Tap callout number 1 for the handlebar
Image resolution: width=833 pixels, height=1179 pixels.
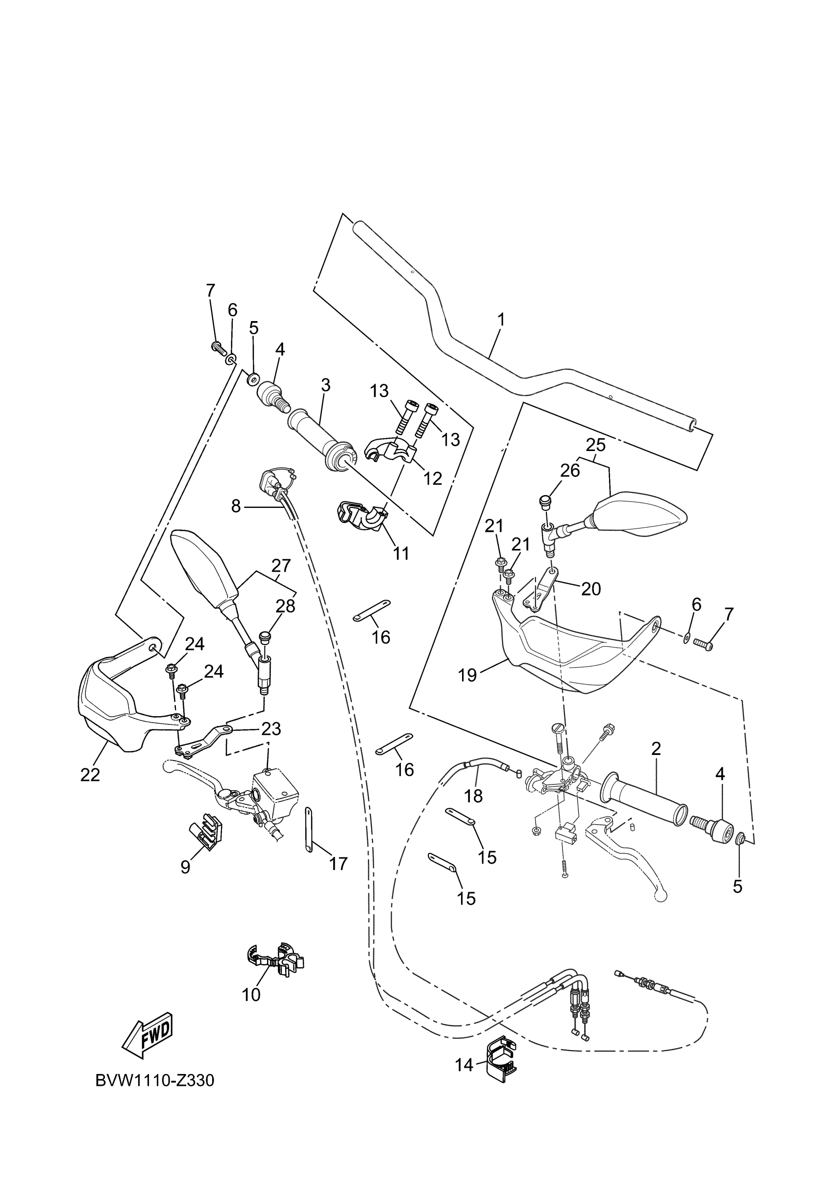click(x=501, y=320)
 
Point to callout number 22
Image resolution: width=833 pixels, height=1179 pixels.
click(x=90, y=775)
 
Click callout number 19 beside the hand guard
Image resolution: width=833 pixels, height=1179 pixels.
click(x=467, y=675)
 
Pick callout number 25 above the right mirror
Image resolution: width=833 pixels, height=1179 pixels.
click(x=595, y=445)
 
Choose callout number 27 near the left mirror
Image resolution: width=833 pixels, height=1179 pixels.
click(x=281, y=566)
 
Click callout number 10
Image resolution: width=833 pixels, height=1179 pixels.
click(x=251, y=995)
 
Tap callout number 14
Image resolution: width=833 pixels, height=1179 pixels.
click(x=464, y=1065)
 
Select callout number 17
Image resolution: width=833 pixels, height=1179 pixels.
click(x=338, y=864)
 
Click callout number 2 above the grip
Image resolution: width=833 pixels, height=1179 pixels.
click(x=656, y=749)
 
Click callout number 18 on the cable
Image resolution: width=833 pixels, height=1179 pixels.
click(x=473, y=796)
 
